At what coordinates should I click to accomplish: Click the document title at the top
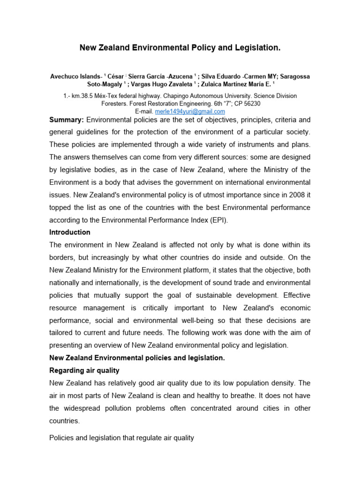(180, 48)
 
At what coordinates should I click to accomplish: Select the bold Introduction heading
(70, 232)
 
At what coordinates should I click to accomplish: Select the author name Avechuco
(66, 76)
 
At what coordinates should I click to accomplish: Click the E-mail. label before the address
(144, 112)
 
